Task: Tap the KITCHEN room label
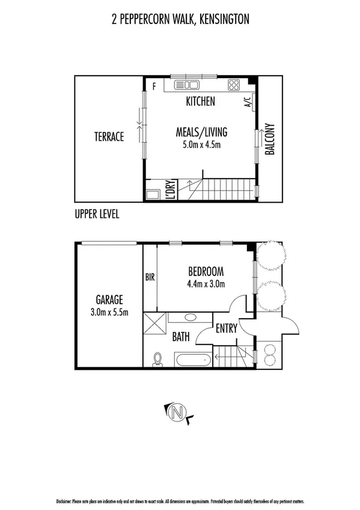tap(200, 102)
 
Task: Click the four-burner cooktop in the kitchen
tap(234, 85)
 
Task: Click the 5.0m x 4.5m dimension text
tap(201, 145)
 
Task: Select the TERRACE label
tap(109, 137)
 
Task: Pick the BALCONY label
tap(270, 140)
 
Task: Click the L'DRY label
tap(170, 189)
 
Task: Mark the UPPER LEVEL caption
tap(97, 214)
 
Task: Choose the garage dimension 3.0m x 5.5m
tap(109, 311)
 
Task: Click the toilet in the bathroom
tap(158, 358)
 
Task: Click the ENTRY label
tap(226, 328)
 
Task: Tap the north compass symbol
tap(177, 413)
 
